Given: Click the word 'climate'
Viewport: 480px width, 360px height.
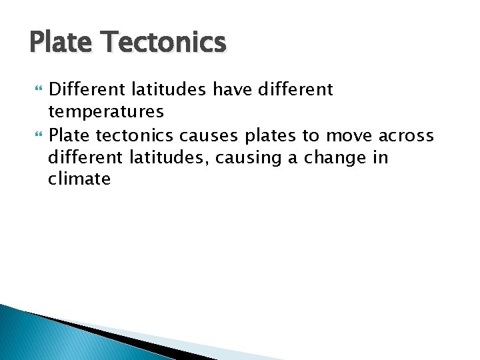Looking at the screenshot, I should point(79,179).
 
